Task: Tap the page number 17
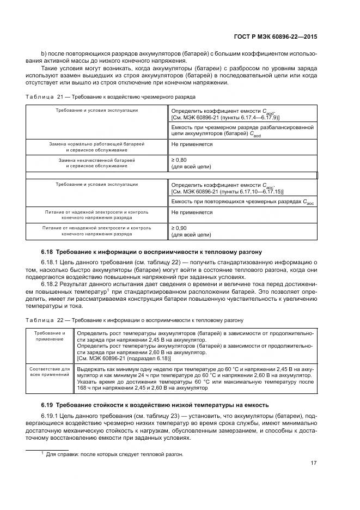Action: (x=314, y=463)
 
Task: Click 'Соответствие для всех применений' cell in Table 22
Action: (x=50, y=373)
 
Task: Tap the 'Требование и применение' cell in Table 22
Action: (x=50, y=336)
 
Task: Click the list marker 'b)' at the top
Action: (x=44, y=54)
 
